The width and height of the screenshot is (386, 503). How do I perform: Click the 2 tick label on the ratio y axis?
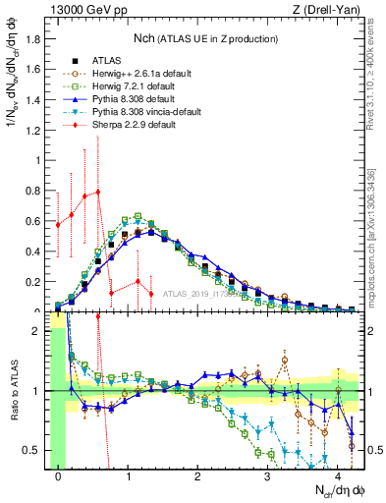point(39,331)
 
